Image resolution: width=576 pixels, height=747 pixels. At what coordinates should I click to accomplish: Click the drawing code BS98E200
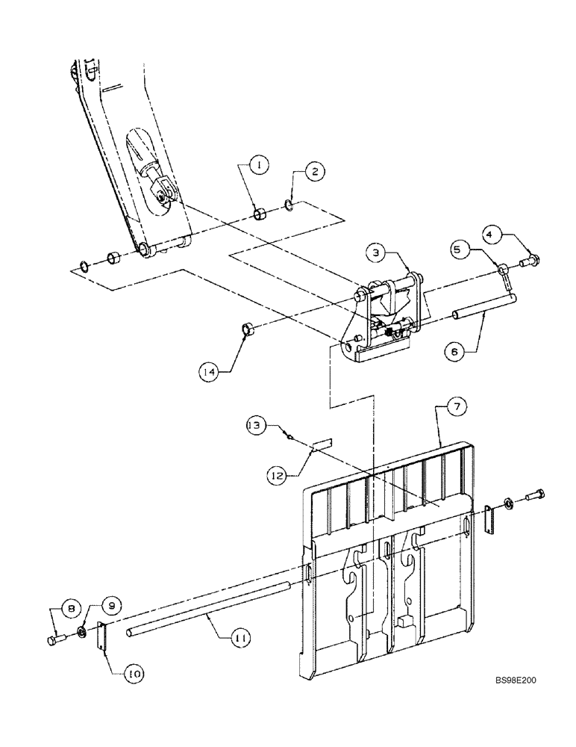tap(514, 681)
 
